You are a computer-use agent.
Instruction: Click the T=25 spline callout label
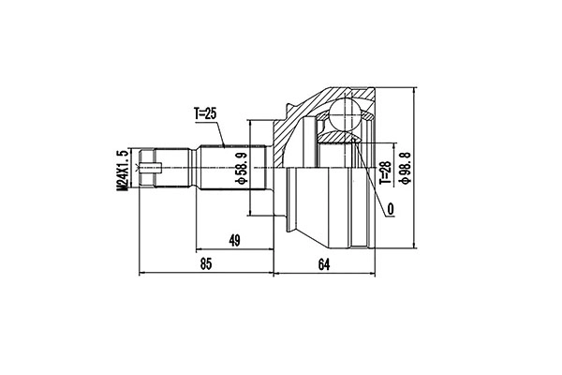pos(206,114)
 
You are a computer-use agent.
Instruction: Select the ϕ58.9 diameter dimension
pos(242,168)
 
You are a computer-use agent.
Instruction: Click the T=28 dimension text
pos(386,172)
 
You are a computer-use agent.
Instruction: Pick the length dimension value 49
pos(234,240)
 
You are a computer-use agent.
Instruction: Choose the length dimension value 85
pos(206,264)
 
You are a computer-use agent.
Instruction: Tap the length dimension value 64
pos(324,264)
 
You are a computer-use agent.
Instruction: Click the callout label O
pos(391,208)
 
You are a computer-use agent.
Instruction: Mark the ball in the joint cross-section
pos(345,113)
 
